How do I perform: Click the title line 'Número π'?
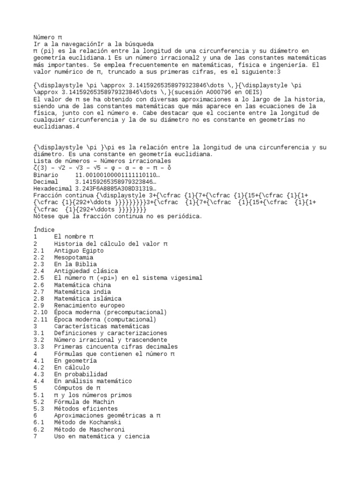click(x=47, y=37)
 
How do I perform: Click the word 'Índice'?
click(x=44, y=230)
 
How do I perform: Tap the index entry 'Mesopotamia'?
click(x=74, y=257)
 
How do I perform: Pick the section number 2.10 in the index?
click(x=40, y=312)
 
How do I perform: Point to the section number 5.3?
click(x=39, y=409)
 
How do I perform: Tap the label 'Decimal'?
click(x=46, y=181)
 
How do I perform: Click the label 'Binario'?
click(x=46, y=174)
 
